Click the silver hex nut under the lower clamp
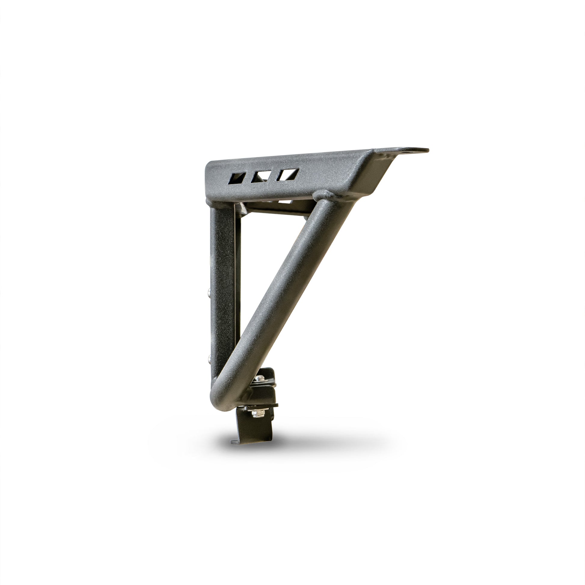258,413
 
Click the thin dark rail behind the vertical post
238,273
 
